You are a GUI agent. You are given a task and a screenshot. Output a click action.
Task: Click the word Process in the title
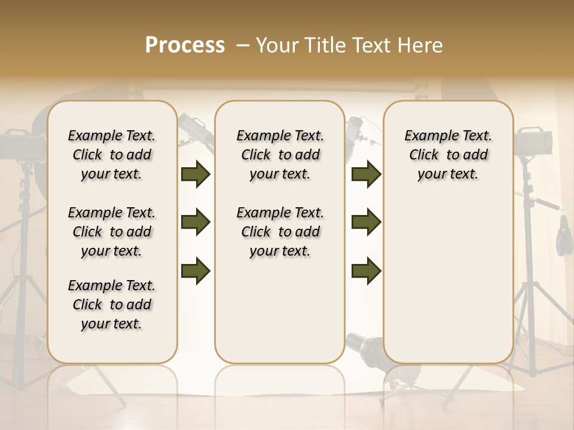pos(185,45)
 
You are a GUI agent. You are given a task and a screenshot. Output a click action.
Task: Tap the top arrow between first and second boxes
pos(196,174)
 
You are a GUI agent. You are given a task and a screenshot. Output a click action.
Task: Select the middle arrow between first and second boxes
pos(196,222)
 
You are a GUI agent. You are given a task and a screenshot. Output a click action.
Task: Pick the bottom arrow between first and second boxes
pos(196,271)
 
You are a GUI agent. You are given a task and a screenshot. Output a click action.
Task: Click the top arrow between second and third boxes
pos(366,174)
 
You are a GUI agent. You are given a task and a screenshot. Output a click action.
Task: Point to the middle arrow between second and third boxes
pos(366,222)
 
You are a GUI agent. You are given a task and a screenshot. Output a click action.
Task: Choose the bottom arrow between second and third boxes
pos(366,271)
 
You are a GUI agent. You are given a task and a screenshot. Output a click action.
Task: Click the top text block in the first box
pos(112,155)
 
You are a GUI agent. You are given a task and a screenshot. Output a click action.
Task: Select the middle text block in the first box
pos(112,232)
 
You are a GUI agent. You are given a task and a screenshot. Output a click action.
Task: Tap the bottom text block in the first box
pos(112,305)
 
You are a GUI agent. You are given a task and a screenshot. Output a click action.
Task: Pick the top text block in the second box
pos(280,155)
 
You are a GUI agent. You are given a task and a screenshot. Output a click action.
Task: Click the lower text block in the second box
pos(280,232)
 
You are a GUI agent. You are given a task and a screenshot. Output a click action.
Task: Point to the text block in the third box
pos(448,155)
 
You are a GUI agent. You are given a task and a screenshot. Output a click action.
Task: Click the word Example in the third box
pos(427,136)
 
